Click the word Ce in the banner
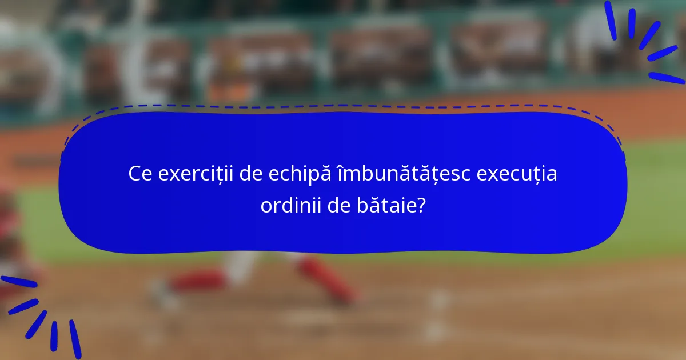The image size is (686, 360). tap(139, 174)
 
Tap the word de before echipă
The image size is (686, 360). tap(251, 174)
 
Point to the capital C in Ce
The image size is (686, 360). tap(135, 174)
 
